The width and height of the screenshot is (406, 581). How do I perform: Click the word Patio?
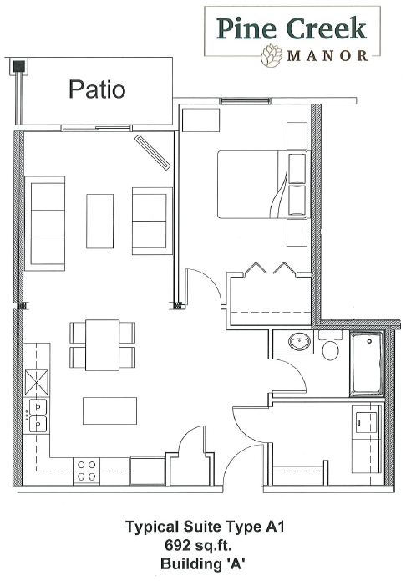click(97, 89)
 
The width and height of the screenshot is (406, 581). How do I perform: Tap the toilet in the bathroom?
click(330, 346)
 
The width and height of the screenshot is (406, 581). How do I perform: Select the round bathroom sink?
click(300, 341)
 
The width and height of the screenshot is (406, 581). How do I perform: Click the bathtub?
click(367, 364)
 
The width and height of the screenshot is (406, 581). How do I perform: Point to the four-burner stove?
click(87, 470)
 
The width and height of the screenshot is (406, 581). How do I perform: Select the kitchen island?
click(109, 410)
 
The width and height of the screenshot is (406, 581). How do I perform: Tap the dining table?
click(102, 345)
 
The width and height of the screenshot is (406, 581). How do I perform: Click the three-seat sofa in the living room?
click(45, 223)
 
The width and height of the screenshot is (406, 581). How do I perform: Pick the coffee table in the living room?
click(100, 222)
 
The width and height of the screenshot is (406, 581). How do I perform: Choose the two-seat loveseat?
click(152, 221)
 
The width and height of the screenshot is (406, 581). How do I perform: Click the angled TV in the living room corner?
click(152, 152)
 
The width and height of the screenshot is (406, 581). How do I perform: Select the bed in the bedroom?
click(262, 184)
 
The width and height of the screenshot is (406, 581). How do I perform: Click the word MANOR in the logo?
click(327, 55)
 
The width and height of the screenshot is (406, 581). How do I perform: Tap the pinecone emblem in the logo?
click(272, 56)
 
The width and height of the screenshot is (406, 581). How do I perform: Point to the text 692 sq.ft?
click(199, 545)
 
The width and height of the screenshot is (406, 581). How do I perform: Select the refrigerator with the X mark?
click(36, 383)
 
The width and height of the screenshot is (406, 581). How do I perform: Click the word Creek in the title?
click(327, 28)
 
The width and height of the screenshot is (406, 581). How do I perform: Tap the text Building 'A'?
click(203, 564)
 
